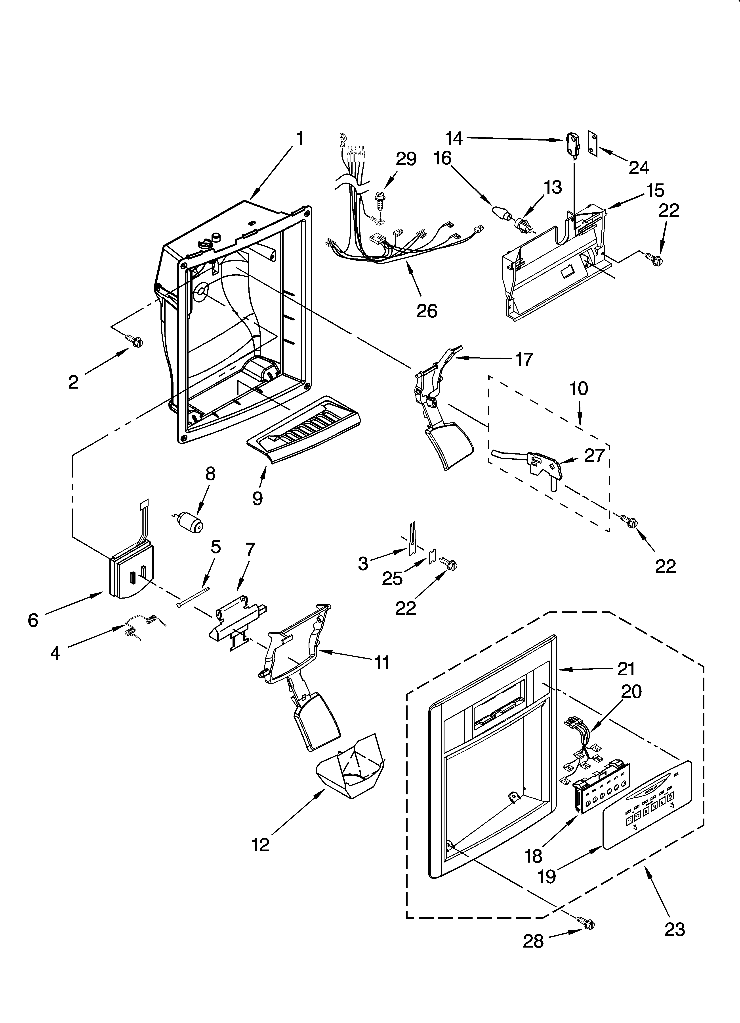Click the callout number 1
click(x=299, y=139)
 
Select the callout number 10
click(x=579, y=388)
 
